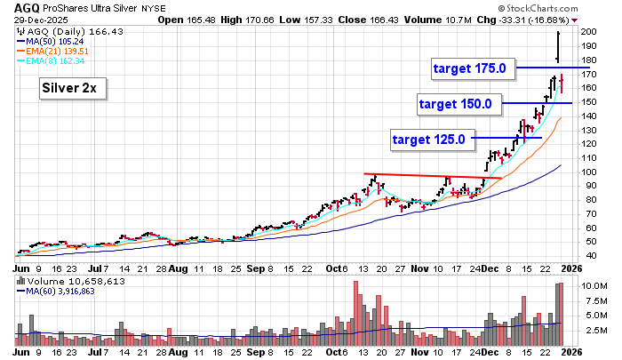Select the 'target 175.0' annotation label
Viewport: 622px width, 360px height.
(x=469, y=68)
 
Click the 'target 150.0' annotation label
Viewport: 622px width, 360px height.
(x=455, y=104)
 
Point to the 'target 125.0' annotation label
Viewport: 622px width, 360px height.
(x=429, y=139)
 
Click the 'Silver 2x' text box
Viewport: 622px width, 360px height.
(x=71, y=89)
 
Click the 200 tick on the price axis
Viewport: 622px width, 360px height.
(x=589, y=31)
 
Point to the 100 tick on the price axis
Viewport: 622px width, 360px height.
(x=589, y=171)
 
